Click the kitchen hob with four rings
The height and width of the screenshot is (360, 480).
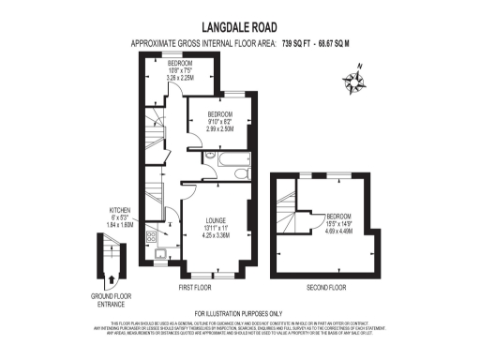151,237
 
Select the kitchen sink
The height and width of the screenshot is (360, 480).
160,253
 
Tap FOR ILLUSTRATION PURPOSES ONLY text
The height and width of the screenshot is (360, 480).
238,312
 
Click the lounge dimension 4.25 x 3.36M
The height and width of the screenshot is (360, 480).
217,235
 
